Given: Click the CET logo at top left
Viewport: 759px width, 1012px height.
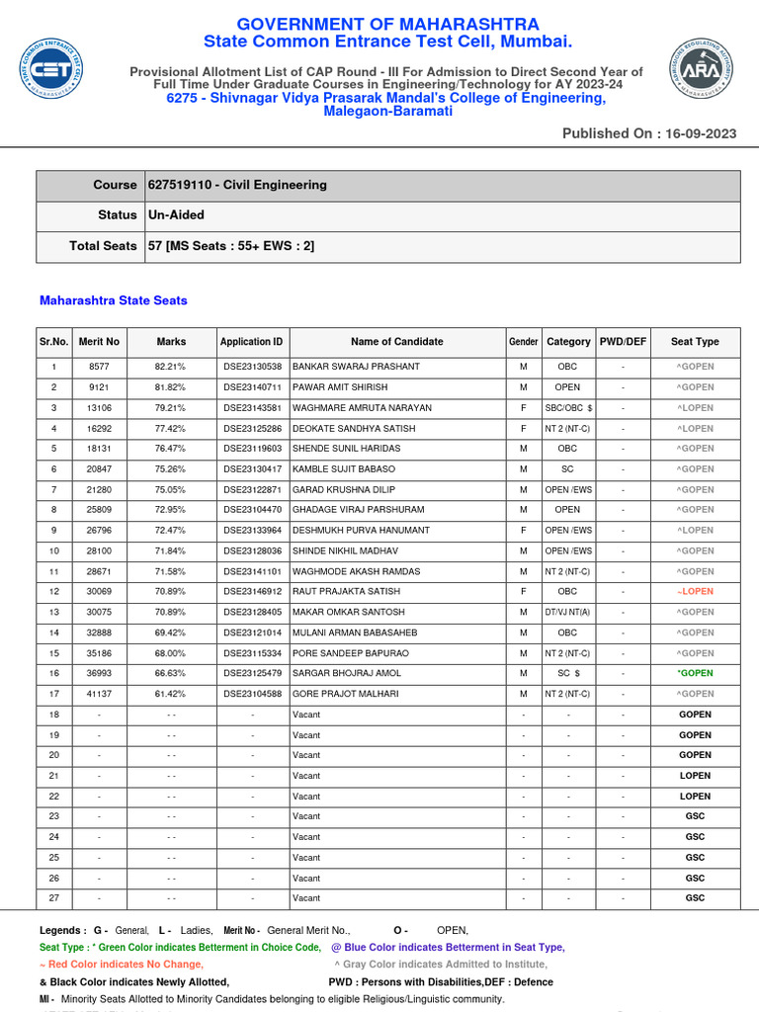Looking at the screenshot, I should [50, 70].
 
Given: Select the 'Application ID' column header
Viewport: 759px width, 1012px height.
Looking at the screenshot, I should [252, 342].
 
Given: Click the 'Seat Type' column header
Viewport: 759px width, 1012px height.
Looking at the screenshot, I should [695, 342].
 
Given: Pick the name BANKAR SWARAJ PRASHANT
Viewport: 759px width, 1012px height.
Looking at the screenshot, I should [356, 367].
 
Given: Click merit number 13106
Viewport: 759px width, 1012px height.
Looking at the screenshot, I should [99, 408].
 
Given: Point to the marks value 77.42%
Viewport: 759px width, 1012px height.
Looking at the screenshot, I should [171, 429].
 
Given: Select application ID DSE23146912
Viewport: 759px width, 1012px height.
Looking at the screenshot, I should [252, 592].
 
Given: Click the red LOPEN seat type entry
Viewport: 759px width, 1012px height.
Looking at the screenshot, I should [695, 592].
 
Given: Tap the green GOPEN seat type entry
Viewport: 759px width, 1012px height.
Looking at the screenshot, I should [695, 674].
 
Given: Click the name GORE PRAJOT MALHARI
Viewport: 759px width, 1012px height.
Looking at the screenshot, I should [346, 695].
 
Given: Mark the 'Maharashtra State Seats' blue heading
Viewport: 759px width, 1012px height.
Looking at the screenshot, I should [113, 300].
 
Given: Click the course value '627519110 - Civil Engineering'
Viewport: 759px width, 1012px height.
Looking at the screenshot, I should [237, 185].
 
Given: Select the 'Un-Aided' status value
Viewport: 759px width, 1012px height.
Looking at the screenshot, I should [176, 215].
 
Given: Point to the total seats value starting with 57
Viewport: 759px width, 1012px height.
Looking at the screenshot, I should [231, 246].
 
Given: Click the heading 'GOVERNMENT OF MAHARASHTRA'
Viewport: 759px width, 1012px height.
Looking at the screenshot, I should [387, 25].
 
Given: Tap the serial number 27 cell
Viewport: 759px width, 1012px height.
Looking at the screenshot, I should [54, 898].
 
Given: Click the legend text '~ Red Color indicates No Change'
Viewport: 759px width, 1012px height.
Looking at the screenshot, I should [122, 965].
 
